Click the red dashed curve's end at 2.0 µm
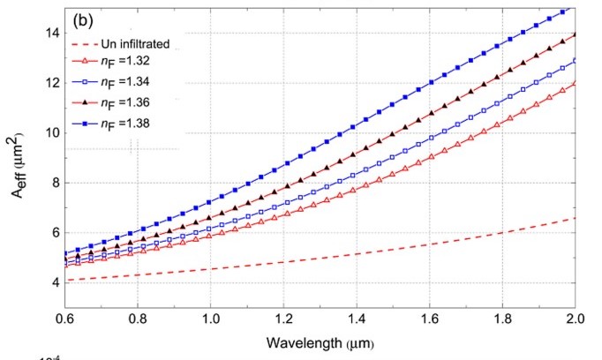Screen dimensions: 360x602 click(575, 218)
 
